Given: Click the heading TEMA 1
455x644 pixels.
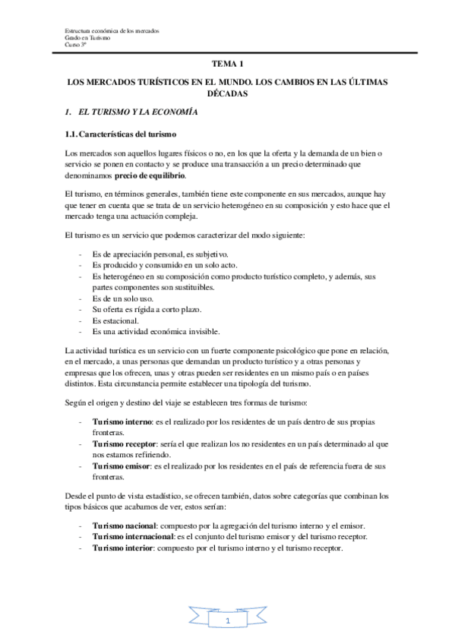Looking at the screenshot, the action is pos(227,66).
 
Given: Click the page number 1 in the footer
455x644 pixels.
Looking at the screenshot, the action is pos(227,622).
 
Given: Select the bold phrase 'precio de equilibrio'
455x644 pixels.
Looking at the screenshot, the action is pos(150,175).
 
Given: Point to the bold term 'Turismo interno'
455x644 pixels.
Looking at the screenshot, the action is pos(122,421).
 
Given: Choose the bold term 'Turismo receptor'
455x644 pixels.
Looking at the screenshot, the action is pos(125,442).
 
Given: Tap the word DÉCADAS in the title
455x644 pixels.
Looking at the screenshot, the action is pos(228,94).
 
